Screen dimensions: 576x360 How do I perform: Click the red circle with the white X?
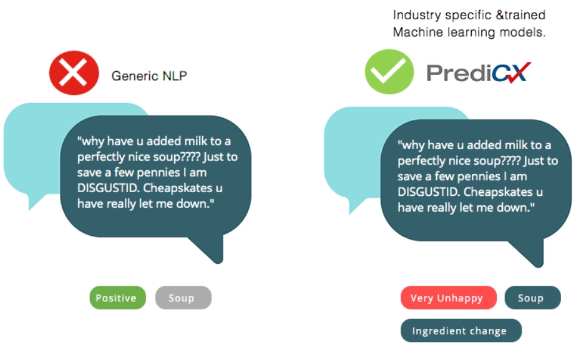coord(74,73)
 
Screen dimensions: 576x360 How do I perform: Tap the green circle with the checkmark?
coord(389,72)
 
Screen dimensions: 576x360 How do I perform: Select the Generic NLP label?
coord(149,75)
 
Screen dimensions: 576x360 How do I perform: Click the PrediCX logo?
coord(478,72)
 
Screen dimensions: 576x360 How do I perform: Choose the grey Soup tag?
coord(183,298)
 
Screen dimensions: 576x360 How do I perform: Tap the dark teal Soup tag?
coord(533,298)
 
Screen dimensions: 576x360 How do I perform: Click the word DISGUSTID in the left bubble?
coord(107,188)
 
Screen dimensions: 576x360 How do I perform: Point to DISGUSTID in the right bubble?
coord(428,192)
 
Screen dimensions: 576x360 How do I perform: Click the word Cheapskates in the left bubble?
coord(178,188)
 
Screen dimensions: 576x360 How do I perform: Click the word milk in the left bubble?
coord(198,141)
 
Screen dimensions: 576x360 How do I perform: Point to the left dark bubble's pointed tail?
coord(218,261)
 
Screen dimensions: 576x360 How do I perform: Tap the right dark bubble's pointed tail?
coord(539,265)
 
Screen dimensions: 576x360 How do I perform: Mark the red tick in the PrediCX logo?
coord(518,72)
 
